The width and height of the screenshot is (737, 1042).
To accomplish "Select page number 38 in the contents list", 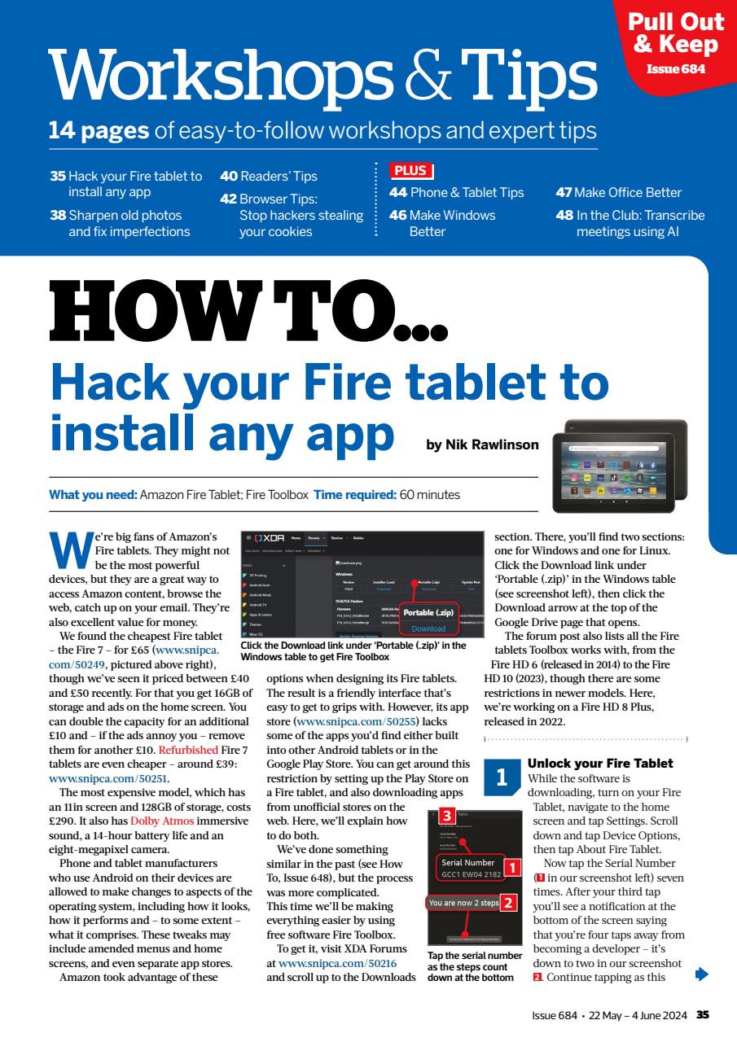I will (x=57, y=216).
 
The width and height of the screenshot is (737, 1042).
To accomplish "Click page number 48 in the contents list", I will (x=564, y=216).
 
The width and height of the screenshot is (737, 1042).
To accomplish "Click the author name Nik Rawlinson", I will (x=482, y=444).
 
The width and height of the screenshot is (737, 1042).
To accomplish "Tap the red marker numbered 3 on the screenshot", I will (x=445, y=792).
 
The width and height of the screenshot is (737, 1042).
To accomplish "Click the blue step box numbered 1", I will (x=501, y=777).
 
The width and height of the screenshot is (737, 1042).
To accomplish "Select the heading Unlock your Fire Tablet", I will (x=600, y=763).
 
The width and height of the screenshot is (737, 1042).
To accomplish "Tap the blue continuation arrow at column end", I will (x=702, y=973).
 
